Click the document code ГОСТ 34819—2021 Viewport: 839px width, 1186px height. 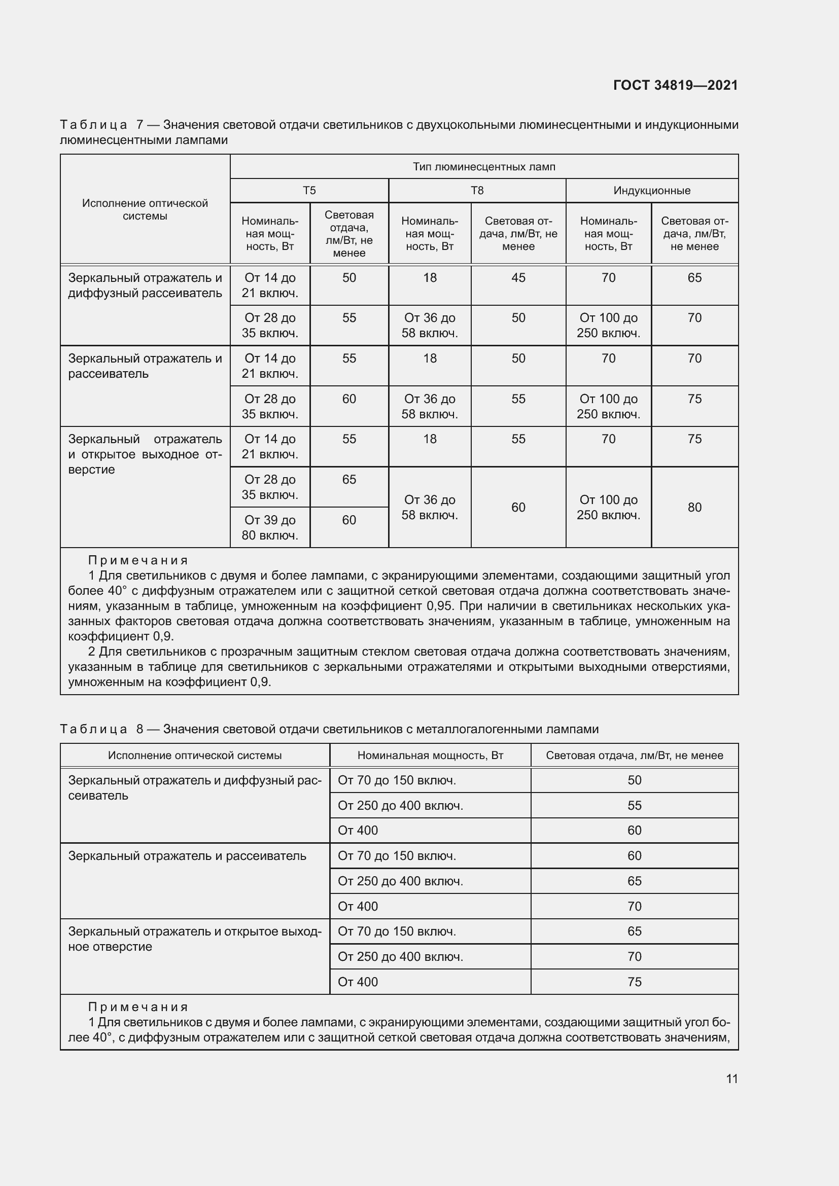(675, 85)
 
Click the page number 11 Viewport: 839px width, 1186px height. (731, 1079)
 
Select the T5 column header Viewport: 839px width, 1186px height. (309, 191)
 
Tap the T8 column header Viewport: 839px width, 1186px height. (477, 191)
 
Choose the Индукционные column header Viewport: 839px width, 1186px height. (651, 191)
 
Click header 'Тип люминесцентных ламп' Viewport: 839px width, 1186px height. (483, 167)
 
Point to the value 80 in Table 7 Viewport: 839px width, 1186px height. (694, 507)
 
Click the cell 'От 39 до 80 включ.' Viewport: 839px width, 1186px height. (270, 527)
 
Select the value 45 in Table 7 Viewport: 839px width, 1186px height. (518, 278)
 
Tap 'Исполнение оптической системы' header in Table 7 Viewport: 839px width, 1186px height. (145, 209)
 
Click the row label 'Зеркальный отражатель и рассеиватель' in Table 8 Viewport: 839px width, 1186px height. (187, 856)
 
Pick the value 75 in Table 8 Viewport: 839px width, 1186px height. (634, 982)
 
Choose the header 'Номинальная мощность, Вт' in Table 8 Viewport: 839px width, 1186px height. (430, 755)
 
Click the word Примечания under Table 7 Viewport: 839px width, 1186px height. (138, 560)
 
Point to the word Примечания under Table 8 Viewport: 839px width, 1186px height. (138, 1007)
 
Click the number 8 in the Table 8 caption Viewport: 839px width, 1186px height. (139, 729)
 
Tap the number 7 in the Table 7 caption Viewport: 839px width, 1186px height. (139, 125)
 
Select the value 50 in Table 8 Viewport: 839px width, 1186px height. (634, 780)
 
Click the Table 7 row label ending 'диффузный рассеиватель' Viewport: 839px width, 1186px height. (145, 285)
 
